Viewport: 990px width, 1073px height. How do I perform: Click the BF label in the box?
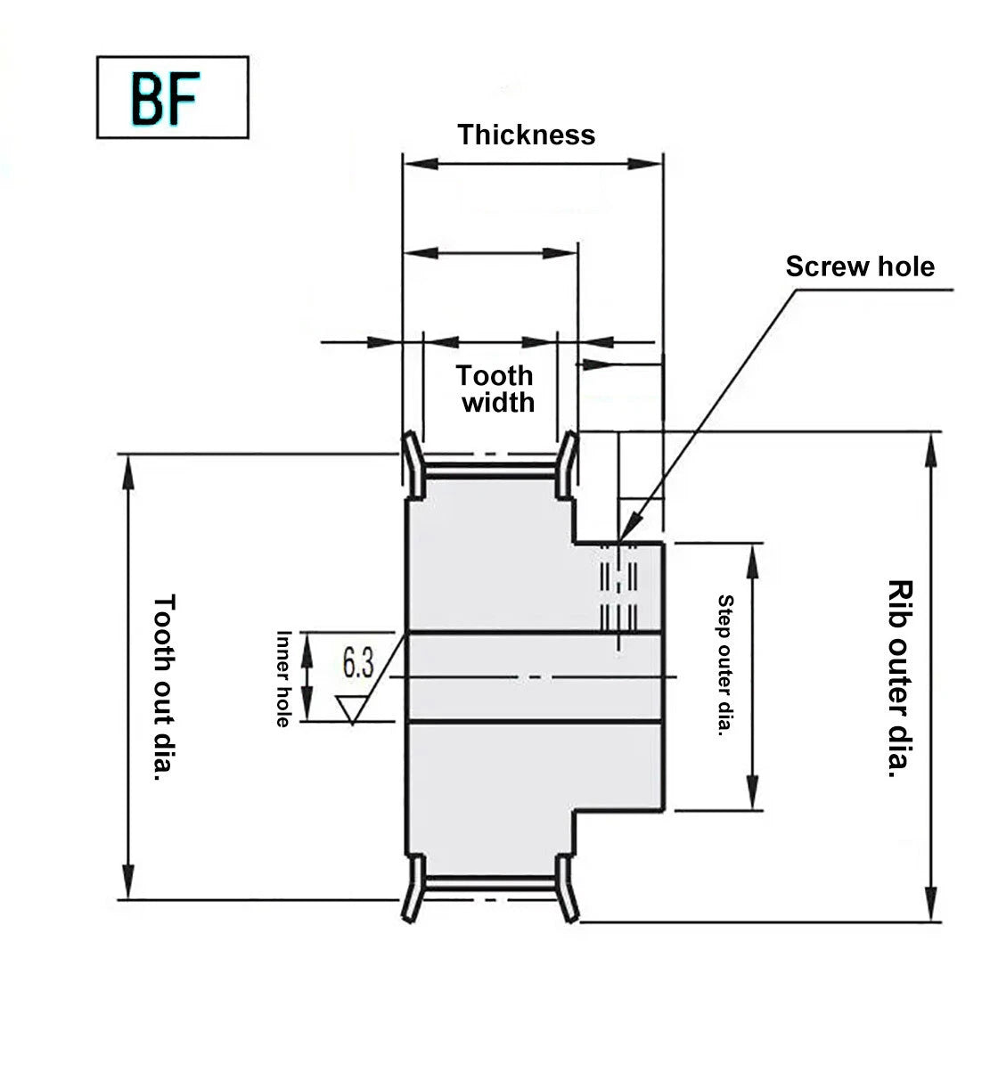pyautogui.click(x=165, y=98)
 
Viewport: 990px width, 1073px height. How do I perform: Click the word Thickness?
pyautogui.click(x=526, y=135)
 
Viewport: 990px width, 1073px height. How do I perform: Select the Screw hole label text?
pyautogui.click(x=860, y=266)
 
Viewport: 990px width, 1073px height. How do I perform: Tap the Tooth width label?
pyautogui.click(x=495, y=389)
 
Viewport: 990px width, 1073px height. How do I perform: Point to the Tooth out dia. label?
pyautogui.click(x=164, y=687)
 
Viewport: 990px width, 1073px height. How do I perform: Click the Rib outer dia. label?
pyautogui.click(x=900, y=678)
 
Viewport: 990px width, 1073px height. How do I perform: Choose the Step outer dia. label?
pyautogui.click(x=725, y=666)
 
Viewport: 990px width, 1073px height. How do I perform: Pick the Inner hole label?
pyautogui.click(x=283, y=679)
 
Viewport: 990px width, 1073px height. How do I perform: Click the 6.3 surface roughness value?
pyautogui.click(x=358, y=663)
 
